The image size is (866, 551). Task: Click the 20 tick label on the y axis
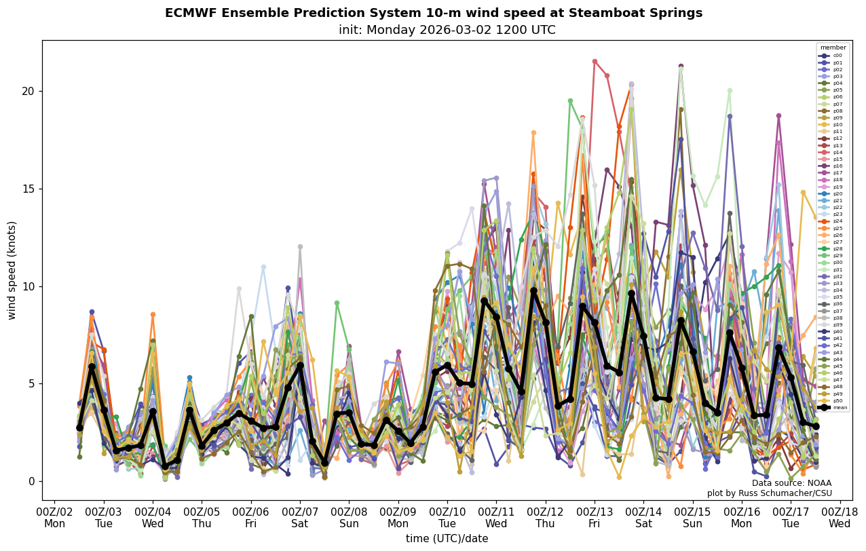(x=28, y=91)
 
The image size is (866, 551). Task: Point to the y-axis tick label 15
(x=28, y=189)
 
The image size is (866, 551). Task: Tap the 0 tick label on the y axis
(x=31, y=481)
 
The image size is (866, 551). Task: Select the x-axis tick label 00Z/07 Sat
(x=300, y=518)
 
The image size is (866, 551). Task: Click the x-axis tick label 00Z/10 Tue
(x=447, y=518)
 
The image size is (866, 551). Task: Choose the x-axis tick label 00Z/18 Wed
(x=840, y=518)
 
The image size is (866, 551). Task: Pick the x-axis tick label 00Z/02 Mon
(x=54, y=518)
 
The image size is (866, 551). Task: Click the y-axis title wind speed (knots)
(x=12, y=270)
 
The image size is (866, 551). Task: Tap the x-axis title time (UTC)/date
(x=447, y=539)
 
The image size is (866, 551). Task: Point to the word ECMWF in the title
(x=187, y=13)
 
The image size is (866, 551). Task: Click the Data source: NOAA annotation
(x=791, y=483)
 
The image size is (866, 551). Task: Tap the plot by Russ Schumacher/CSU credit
(x=769, y=493)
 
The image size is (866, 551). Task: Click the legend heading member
(x=833, y=47)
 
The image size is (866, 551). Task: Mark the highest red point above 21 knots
(x=595, y=61)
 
